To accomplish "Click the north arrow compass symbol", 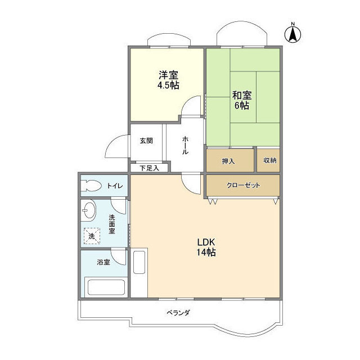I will (x=292, y=33).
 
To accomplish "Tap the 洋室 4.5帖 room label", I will (x=167, y=80).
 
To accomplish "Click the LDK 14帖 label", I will (x=206, y=247).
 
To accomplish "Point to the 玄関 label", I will (x=146, y=141).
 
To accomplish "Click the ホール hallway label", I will (x=185, y=146).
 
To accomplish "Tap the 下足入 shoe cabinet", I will (x=149, y=167).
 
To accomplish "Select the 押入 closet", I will (x=228, y=161).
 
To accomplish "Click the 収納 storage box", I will (x=269, y=161).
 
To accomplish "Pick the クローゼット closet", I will (x=243, y=185).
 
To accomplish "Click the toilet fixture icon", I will (x=91, y=185).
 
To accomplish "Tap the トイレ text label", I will (x=115, y=185).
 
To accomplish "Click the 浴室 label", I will (x=103, y=262).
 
